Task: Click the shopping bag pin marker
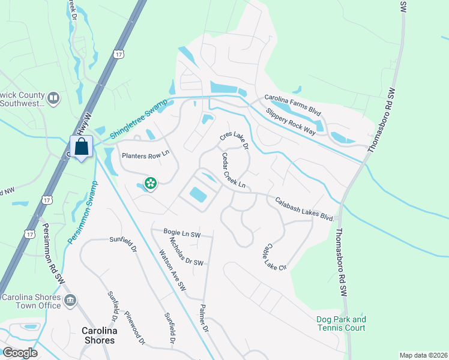point(81,146)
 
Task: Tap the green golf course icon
point(151,183)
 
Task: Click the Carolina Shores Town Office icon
point(71,299)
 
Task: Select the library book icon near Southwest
point(54,98)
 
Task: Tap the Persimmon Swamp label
point(80,213)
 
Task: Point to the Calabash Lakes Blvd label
point(304,209)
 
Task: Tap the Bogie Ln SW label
point(182,234)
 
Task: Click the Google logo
point(20,352)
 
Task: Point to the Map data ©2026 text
point(423,355)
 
